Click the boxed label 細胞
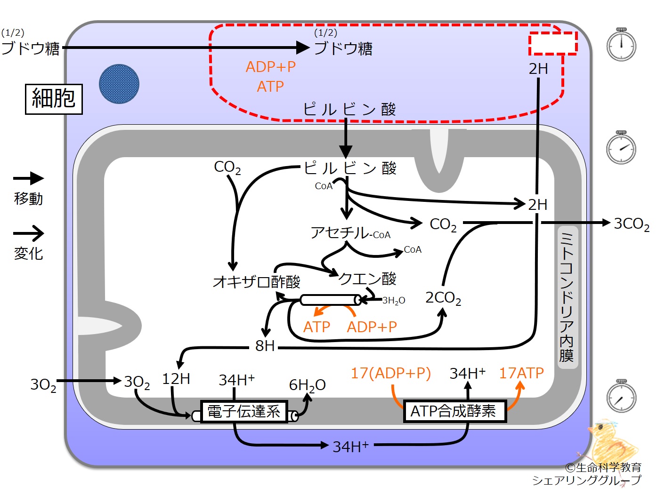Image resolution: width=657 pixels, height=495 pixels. pos(54,99)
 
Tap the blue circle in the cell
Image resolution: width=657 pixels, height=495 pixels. pos(119,84)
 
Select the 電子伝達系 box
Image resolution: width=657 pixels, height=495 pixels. pos(244,412)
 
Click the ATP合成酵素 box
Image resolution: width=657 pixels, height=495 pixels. pos(455,411)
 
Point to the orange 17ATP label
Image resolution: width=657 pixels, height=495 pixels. pos(521,373)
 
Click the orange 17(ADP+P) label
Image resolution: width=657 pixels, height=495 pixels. pos(391,373)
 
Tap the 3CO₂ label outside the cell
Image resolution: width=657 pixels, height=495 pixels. pos(632,224)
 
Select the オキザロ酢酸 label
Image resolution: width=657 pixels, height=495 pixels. pos(257,281)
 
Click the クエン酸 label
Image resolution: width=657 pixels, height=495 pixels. pos(367,279)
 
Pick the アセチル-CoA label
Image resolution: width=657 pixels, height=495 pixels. pos(350,232)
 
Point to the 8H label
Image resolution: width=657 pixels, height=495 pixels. pos(265,346)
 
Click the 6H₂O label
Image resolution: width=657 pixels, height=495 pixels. pos(308,385)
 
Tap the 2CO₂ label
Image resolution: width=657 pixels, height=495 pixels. pos(443,298)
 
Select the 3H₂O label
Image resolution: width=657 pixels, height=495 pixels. pos(394,300)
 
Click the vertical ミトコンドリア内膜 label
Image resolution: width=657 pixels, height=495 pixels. pos(566,297)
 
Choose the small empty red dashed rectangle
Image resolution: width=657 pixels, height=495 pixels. pos(553,44)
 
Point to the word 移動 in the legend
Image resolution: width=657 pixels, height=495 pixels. pos(28,199)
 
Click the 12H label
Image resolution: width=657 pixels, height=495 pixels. pos(176,379)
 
